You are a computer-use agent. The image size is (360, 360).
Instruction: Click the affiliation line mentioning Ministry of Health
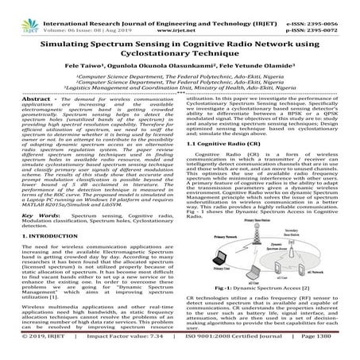tap(180, 87)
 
